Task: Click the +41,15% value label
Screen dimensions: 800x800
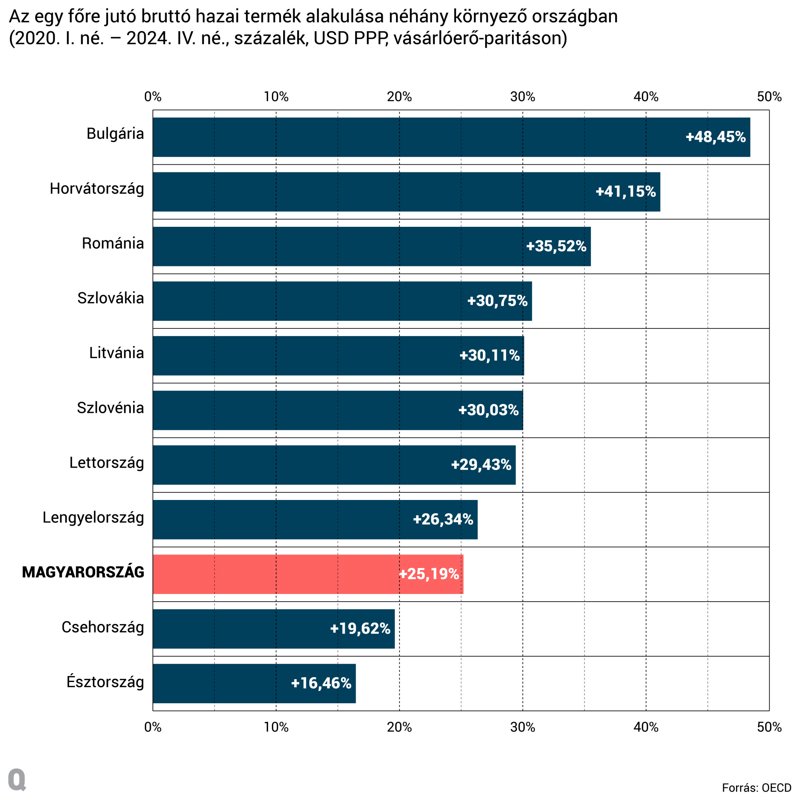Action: [x=625, y=192]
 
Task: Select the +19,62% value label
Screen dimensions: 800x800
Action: [x=360, y=628]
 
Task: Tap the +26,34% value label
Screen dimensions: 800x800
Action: [x=443, y=519]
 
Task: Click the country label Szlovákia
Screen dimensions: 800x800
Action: [x=110, y=298]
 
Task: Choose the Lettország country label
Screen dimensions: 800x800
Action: [x=106, y=462]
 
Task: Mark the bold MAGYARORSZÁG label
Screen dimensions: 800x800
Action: [x=83, y=572]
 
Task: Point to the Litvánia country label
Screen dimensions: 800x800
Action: [x=116, y=353]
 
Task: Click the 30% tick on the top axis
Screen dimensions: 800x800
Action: [x=522, y=97]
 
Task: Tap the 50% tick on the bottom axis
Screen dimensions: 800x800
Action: [x=769, y=727]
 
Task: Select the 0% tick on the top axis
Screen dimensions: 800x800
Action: [x=153, y=97]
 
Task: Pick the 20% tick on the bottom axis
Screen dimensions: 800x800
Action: [x=399, y=727]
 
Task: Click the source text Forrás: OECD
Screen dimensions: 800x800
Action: [x=756, y=788]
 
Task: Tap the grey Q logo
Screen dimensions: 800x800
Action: [x=17, y=780]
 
